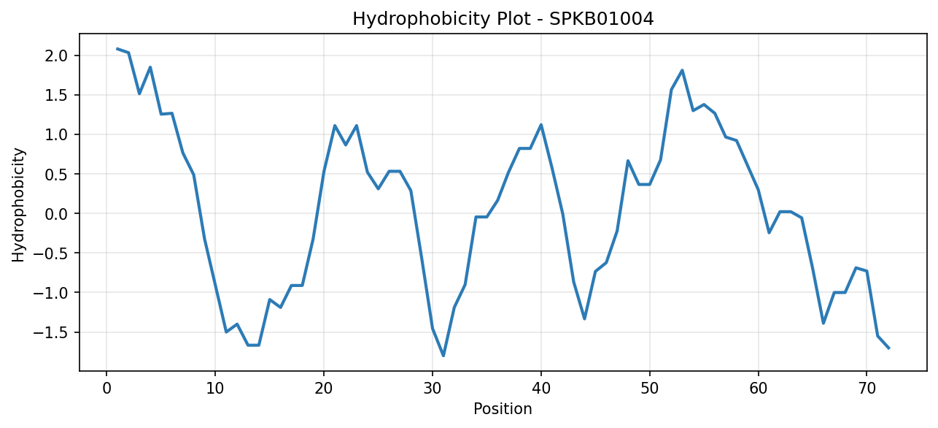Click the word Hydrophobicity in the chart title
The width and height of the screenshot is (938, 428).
coord(421,19)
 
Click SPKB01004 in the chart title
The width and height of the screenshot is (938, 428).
coord(601,19)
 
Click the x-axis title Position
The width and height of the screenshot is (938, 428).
coord(503,409)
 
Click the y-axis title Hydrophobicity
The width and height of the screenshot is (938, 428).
coord(18,205)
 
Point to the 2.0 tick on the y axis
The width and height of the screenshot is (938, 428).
coord(56,56)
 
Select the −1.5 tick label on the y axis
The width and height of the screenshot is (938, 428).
coord(50,332)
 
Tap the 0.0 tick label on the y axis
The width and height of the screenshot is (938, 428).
coord(56,214)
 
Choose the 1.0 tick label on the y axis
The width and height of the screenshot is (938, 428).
coord(56,134)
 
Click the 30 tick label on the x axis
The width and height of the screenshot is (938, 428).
coord(432,389)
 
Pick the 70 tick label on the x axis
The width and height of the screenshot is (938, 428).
coord(867,389)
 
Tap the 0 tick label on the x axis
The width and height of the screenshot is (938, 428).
coord(106,389)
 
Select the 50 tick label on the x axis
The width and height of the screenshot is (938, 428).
coord(649,389)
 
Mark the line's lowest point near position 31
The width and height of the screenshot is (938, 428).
coord(443,356)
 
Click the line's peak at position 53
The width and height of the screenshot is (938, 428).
coord(682,70)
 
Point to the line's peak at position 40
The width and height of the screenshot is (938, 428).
coord(541,124)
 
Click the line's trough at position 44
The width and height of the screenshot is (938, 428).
coord(584,319)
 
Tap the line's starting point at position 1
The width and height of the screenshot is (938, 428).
coord(117,49)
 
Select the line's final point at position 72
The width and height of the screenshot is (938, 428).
coord(888,348)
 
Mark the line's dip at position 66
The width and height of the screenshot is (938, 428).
coord(823,324)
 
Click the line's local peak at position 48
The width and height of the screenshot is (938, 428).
coord(628,161)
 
